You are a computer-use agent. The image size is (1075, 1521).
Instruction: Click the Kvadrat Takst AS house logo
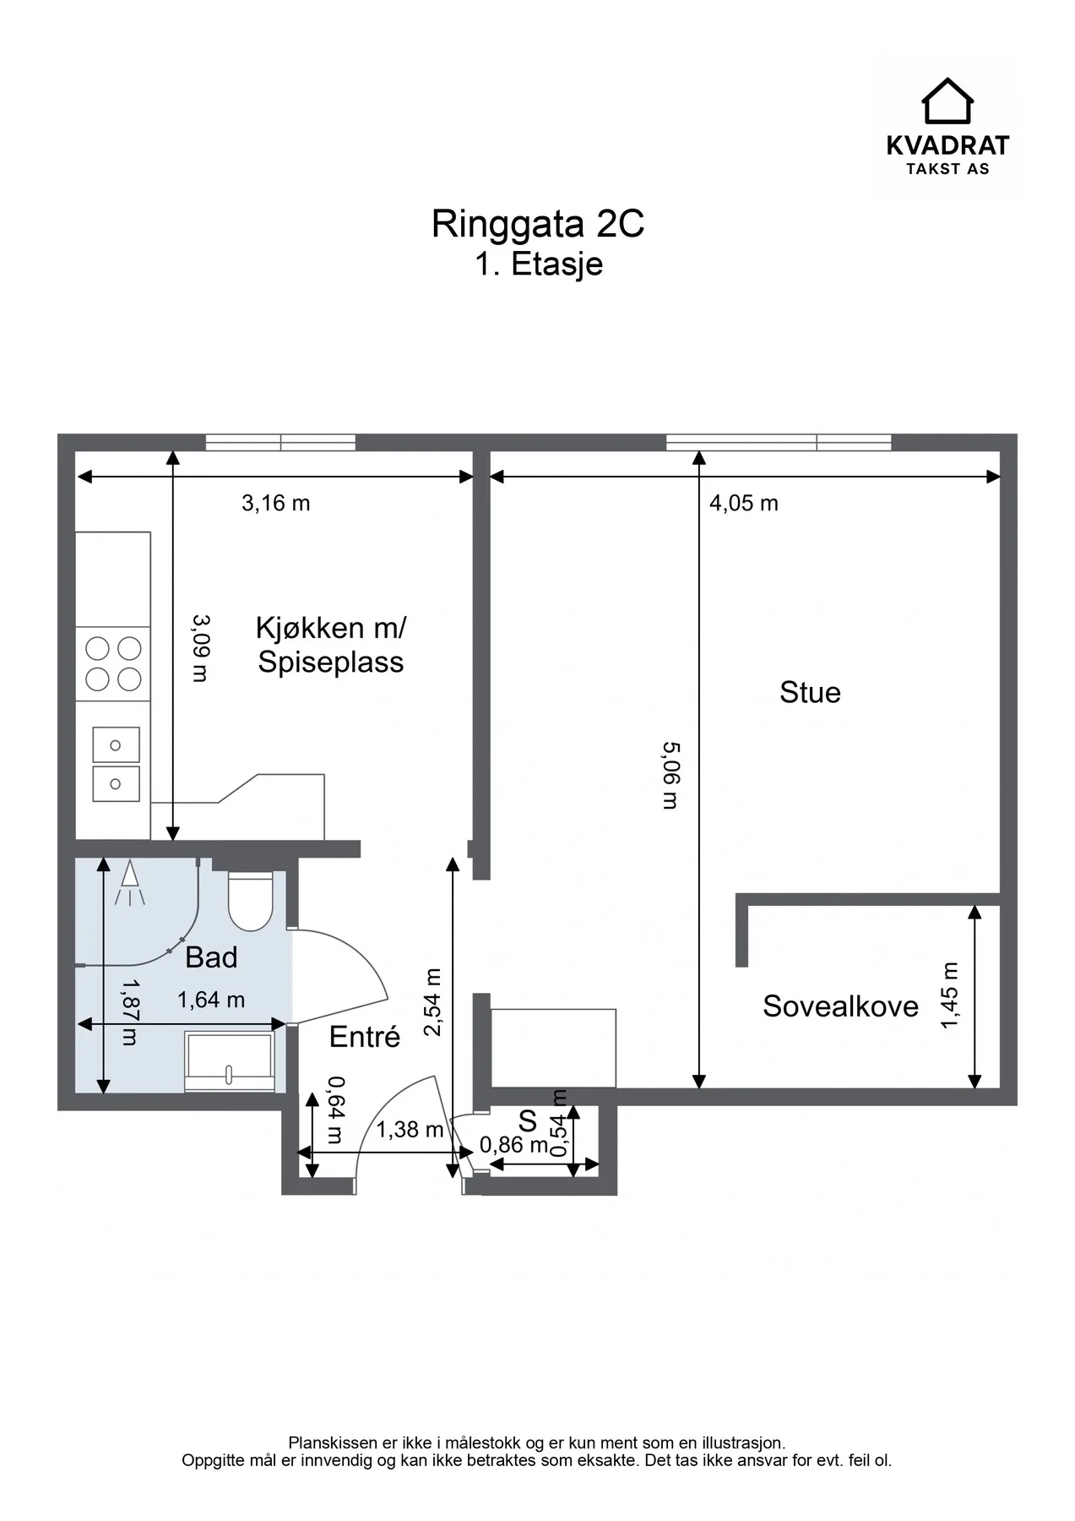pyautogui.click(x=947, y=101)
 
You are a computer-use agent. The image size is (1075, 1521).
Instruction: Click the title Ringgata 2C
pyautogui.click(x=538, y=224)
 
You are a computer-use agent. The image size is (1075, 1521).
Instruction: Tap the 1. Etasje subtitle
pyautogui.click(x=539, y=264)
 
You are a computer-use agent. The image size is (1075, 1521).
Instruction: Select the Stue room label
pyautogui.click(x=810, y=692)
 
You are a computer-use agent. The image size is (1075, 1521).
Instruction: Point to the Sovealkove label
pyautogui.click(x=840, y=1006)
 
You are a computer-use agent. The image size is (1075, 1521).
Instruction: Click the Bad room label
pyautogui.click(x=211, y=957)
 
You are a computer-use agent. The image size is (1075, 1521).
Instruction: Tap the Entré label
pyautogui.click(x=365, y=1036)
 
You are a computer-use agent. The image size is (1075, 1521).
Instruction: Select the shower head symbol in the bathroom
pyautogui.click(x=128, y=883)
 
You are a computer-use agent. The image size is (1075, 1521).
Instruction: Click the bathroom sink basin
pyautogui.click(x=229, y=1061)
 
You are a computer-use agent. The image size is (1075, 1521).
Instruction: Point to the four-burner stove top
pyautogui.click(x=113, y=663)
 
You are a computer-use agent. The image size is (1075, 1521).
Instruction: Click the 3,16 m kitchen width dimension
pyautogui.click(x=276, y=503)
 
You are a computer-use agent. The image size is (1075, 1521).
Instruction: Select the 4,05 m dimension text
pyautogui.click(x=744, y=503)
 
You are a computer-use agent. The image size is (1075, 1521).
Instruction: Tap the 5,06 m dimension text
pyautogui.click(x=671, y=775)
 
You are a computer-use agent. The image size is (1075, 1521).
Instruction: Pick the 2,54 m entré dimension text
pyautogui.click(x=433, y=1002)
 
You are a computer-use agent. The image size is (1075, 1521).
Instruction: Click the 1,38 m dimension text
pyautogui.click(x=410, y=1129)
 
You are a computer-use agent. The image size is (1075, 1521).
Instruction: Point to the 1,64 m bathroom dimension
pyautogui.click(x=211, y=1000)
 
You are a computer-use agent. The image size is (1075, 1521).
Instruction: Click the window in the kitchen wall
pyautogui.click(x=280, y=442)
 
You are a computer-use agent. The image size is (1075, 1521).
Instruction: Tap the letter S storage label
pyautogui.click(x=528, y=1120)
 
